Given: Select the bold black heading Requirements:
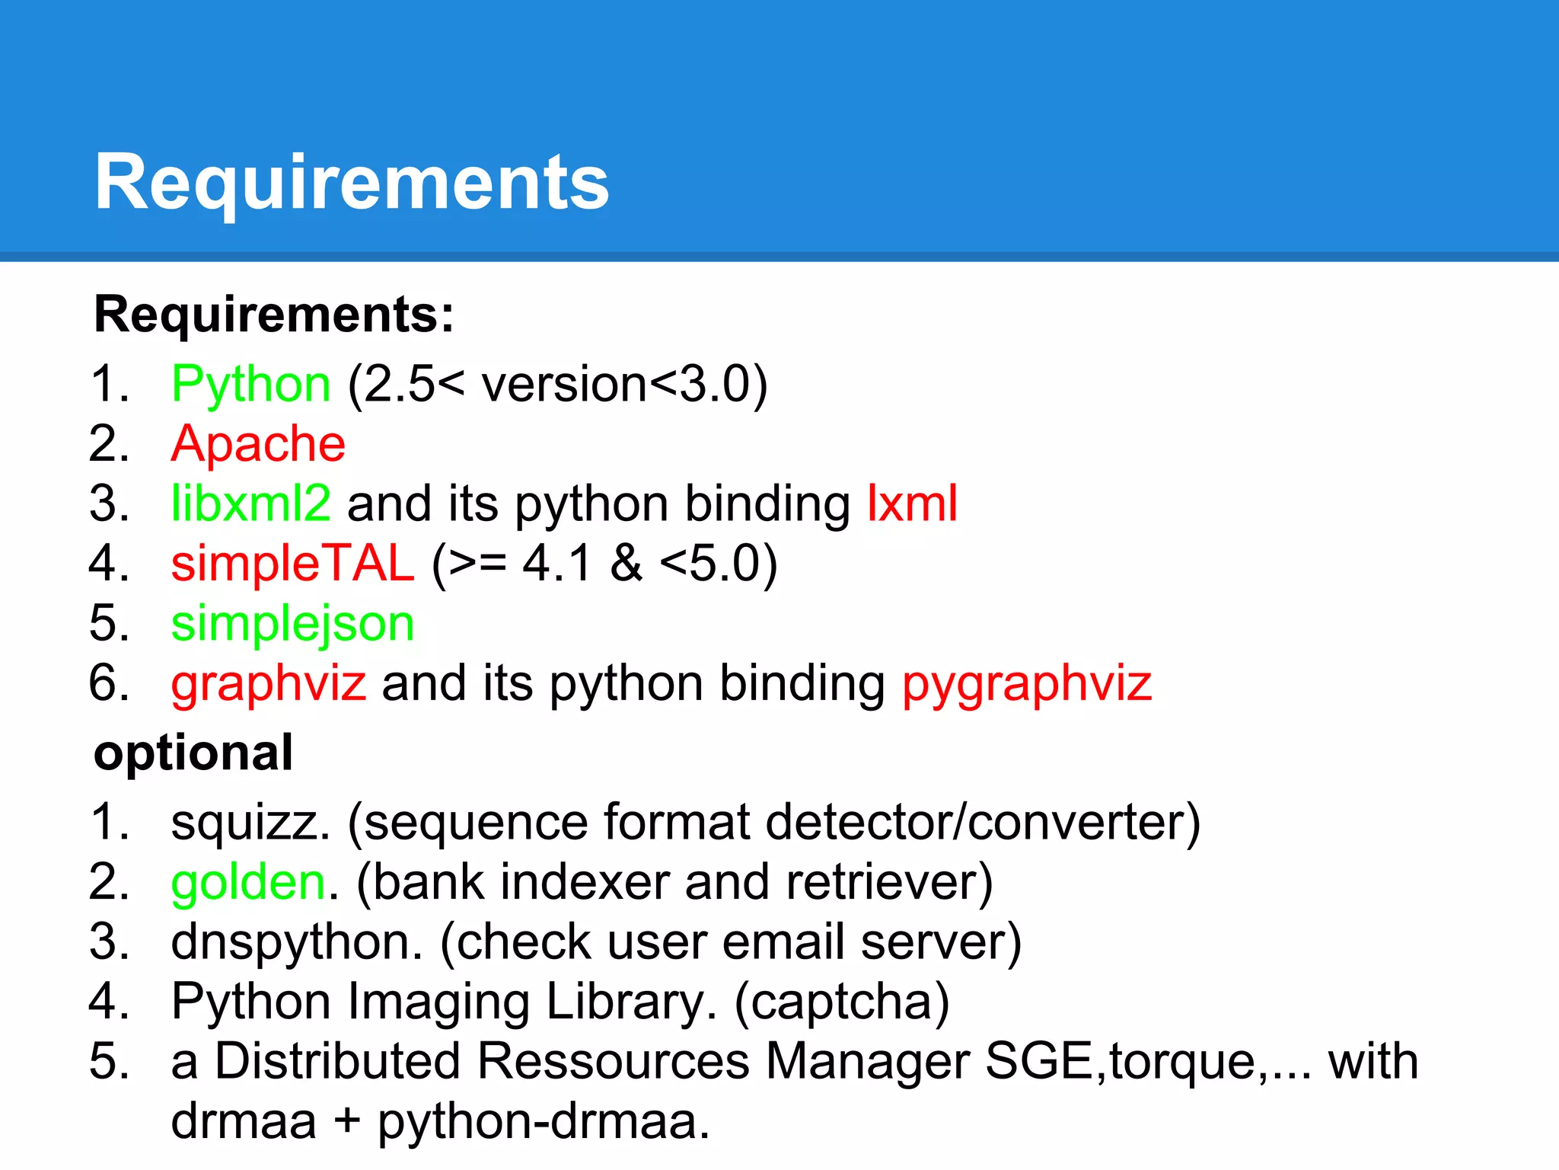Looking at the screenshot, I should [x=274, y=314].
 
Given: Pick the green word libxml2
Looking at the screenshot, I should [x=251, y=503].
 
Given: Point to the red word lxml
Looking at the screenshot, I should [x=912, y=503].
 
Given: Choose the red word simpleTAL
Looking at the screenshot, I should [x=293, y=564].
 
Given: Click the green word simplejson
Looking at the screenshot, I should [x=292, y=624].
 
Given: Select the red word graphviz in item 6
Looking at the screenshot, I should [x=268, y=683].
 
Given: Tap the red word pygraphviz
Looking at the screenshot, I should [x=1026, y=683].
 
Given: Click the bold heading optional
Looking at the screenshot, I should [x=193, y=753].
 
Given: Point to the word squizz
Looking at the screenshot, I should [x=250, y=823].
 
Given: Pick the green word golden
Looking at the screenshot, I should [x=248, y=882].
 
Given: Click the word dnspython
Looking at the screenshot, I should [x=296, y=941].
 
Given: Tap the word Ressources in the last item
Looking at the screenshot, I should [x=613, y=1061].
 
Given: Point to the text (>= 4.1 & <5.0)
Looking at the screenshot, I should [x=604, y=564].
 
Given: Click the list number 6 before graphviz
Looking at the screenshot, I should [x=108, y=682].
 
